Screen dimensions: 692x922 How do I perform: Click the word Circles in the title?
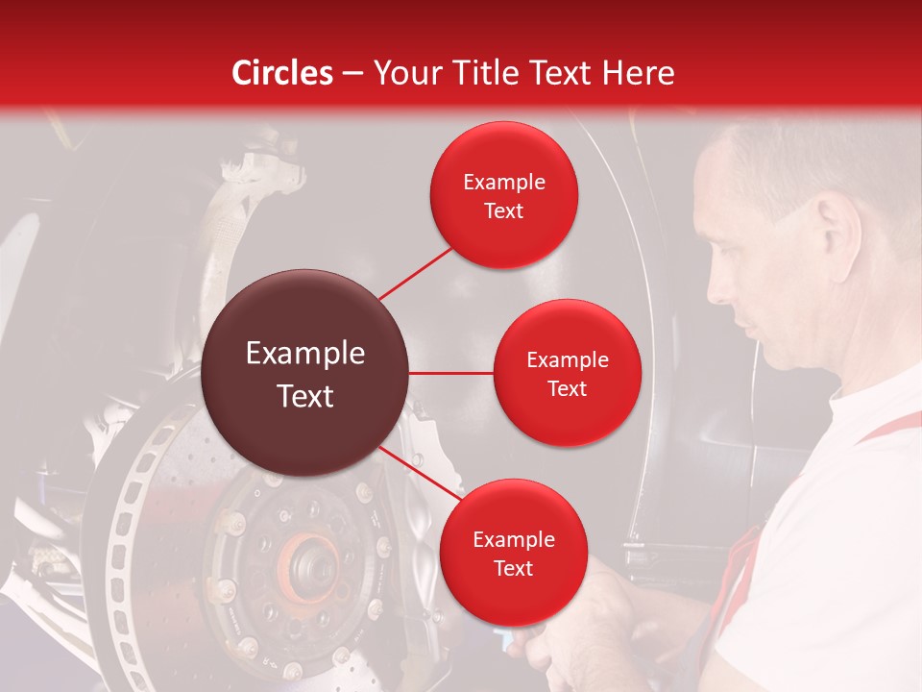point(282,73)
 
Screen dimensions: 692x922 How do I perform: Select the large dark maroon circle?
point(305,373)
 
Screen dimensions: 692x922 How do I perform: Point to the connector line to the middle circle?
point(450,373)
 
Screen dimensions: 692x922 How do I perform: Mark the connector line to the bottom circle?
point(419,475)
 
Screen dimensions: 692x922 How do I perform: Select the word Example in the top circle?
point(504,183)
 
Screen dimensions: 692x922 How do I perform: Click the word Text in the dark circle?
point(305,396)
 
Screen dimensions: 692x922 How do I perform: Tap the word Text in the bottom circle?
point(513,568)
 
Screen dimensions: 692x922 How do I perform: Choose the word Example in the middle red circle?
point(567,360)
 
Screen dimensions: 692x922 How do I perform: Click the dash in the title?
point(352,73)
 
